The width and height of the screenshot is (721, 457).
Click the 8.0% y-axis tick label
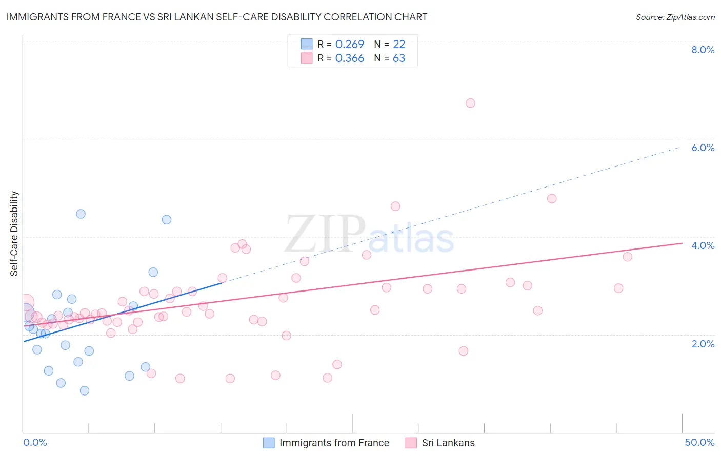703,50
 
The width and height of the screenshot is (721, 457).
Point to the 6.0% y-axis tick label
703,148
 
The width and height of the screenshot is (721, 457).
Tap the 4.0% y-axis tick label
703,245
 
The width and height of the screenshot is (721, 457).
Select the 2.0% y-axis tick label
703,344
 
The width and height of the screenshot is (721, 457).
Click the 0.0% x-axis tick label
35,442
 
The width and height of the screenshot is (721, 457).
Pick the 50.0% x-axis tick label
699,442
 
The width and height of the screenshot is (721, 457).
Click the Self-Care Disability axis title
14,234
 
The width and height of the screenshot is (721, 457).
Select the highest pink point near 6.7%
470,103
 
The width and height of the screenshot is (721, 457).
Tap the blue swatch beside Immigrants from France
269,443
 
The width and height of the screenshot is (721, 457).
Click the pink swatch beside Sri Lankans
411,443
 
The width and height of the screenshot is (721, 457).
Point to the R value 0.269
349,45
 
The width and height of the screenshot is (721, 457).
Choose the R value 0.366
349,58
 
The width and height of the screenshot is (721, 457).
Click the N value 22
399,45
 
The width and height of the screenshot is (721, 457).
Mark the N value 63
399,58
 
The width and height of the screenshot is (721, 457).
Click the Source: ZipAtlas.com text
675,17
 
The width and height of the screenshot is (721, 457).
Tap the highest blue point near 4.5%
81,214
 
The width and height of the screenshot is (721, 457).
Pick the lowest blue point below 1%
85,390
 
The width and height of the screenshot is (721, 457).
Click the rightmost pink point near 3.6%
627,257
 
